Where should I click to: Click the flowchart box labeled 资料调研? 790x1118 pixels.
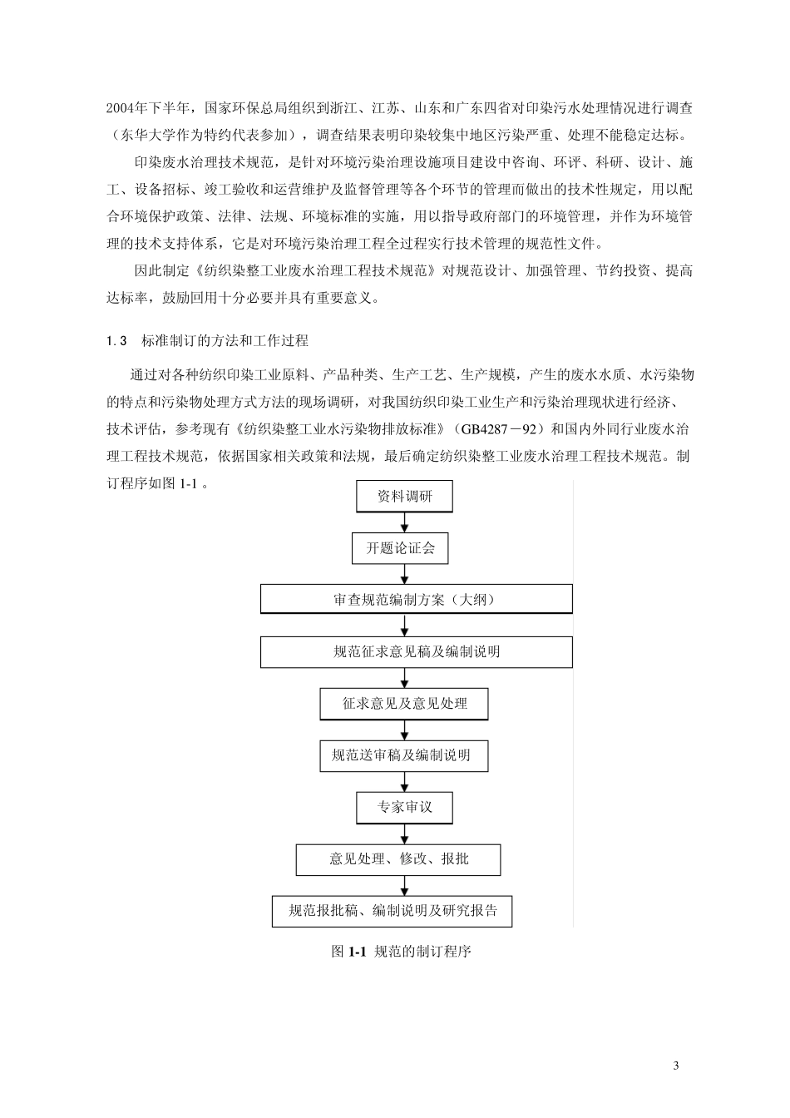405,497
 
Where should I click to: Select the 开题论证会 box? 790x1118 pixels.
405,549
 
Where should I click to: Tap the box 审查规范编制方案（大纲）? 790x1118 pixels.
416,600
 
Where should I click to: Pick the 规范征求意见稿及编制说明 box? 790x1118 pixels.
416,652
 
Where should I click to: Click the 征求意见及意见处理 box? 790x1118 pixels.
404,704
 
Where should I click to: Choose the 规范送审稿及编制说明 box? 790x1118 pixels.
404,755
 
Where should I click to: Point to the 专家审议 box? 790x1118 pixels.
405,807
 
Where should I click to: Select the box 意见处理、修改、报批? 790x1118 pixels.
398,859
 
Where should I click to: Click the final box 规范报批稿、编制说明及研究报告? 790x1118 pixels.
393,911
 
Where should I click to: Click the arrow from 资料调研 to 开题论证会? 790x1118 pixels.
405,523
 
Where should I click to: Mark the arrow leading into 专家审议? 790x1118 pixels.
405,782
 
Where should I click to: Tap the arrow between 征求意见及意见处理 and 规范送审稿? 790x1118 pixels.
405,730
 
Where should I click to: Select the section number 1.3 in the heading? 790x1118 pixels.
116,341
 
